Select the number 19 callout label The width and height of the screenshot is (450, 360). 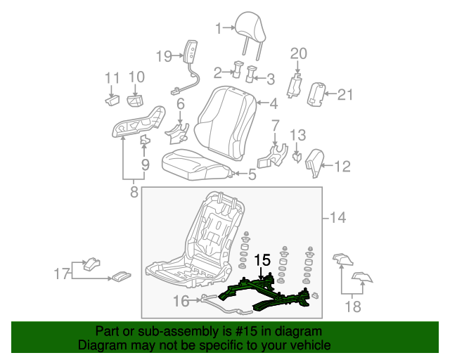tap(164, 56)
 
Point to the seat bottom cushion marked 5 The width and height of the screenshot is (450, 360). tap(197, 164)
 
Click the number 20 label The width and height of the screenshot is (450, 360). tap(299, 53)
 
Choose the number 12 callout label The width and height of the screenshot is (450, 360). tap(342, 167)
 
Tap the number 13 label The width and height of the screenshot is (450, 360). tap(298, 134)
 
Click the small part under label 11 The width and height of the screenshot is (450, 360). tap(112, 101)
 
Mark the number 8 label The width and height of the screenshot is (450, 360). tap(134, 190)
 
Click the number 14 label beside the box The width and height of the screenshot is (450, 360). tap(337, 218)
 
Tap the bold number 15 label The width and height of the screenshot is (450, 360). tap(262, 261)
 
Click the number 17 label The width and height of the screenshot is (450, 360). tap(61, 272)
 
